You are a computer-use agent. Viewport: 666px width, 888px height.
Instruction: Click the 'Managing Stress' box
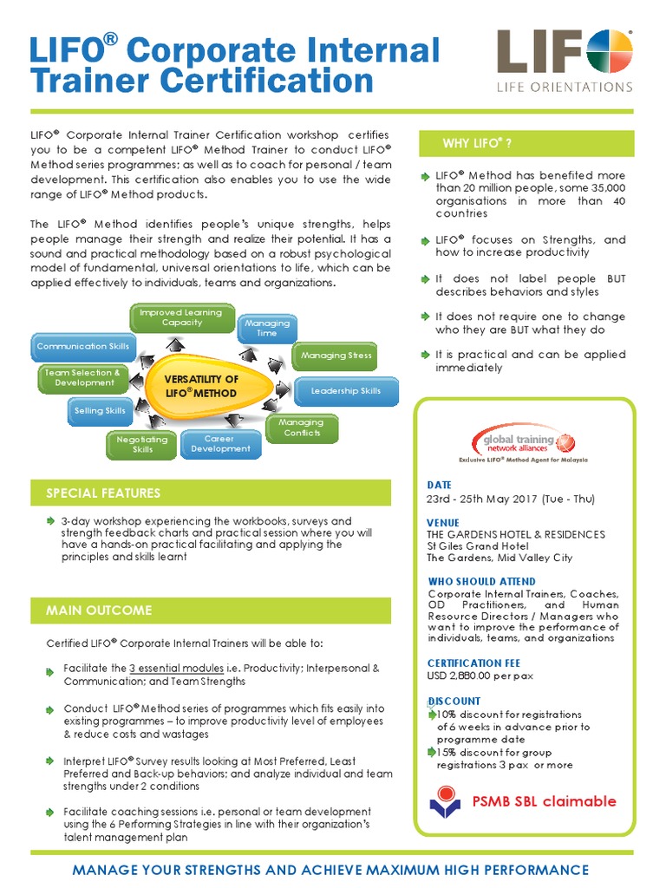point(336,356)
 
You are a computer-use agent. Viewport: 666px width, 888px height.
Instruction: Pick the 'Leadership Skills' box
point(346,391)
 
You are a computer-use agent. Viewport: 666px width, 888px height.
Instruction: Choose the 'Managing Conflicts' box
point(302,428)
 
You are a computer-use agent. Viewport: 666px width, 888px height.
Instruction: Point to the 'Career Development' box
point(220,444)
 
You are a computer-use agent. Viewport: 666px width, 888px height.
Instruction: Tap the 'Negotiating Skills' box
point(142,445)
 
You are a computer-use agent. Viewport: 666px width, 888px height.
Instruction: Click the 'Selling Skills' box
point(100,411)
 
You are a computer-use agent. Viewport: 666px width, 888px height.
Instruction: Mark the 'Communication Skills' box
point(83,347)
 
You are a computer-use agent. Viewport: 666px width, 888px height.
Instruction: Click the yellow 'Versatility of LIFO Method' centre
point(204,386)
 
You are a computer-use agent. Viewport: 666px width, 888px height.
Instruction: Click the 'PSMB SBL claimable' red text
point(544,801)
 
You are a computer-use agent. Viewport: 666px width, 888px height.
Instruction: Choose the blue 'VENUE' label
point(444,523)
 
